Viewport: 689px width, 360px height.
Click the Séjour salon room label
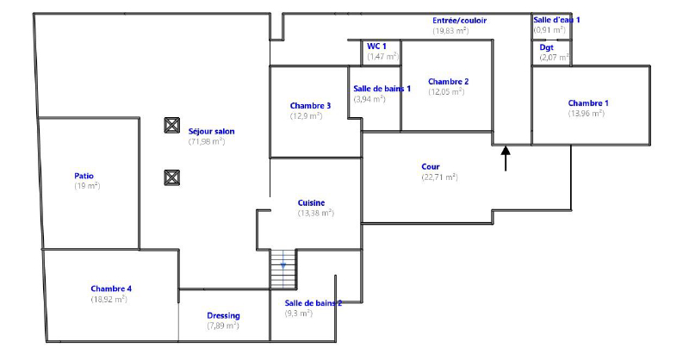pos(211,132)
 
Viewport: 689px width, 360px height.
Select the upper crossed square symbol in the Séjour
pos(171,125)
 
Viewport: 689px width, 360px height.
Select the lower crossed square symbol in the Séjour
pos(171,177)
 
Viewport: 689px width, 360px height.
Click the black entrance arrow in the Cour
pos(506,158)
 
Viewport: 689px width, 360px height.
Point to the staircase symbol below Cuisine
pos(282,269)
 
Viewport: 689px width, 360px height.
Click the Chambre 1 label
pos(588,103)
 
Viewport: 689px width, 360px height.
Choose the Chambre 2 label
pos(448,81)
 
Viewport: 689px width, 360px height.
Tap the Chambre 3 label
pos(310,106)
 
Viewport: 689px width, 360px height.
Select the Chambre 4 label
pos(111,289)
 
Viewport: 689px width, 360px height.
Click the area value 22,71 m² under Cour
pos(439,177)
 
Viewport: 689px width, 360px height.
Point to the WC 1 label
pos(376,47)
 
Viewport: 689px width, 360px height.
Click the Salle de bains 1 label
pos(382,89)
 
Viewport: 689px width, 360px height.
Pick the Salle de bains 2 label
pos(313,303)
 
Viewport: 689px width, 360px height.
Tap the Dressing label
pos(223,315)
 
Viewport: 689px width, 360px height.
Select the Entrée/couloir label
pos(459,20)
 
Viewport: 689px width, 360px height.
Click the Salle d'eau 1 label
pos(556,19)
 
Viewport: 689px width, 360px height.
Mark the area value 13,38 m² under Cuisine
pos(315,213)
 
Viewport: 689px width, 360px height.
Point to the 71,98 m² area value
pos(207,141)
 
